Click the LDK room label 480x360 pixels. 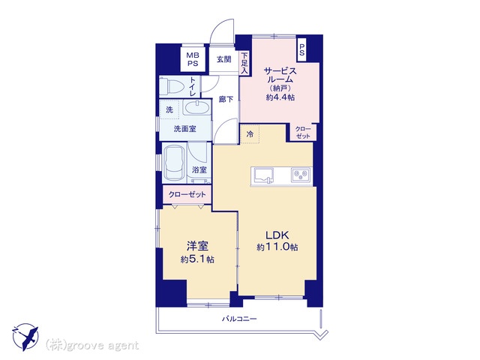point(277,235)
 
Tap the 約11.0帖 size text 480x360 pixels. point(277,247)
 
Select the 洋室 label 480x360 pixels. point(197,246)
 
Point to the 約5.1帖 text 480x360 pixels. point(197,259)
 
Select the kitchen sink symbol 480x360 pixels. point(263,175)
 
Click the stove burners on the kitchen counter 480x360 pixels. point(301,175)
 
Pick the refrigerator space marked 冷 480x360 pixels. point(250,133)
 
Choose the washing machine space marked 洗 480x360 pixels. point(169,109)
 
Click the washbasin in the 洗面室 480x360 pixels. point(196,109)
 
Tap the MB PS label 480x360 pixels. point(193,59)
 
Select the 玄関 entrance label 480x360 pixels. point(223,59)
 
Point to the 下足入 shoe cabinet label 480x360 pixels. point(244,63)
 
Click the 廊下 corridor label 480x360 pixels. point(226,99)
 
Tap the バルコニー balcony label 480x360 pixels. point(239,319)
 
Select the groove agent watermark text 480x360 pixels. point(91,346)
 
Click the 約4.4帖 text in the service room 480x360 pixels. point(280,97)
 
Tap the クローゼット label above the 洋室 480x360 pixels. point(187,194)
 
